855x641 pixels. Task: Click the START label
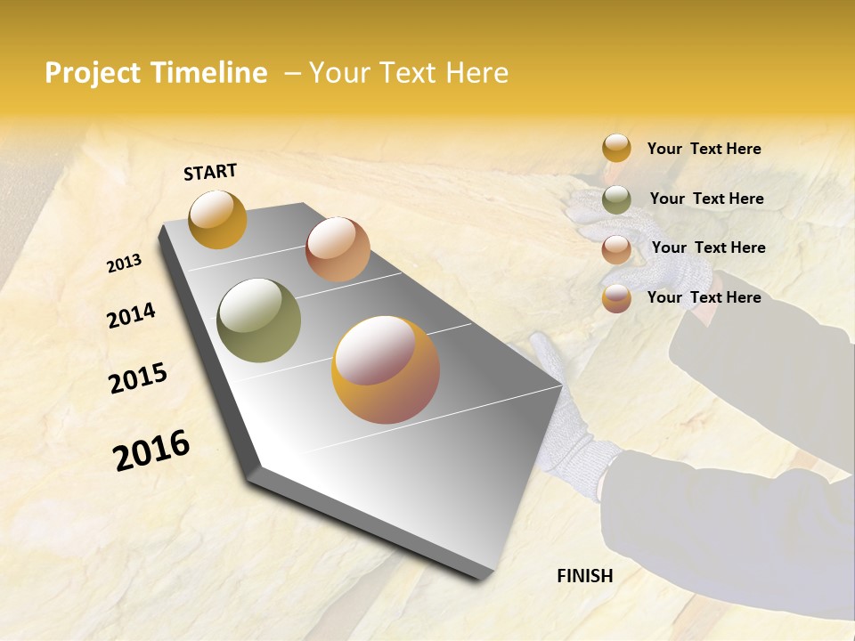[210, 172]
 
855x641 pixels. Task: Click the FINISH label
[584, 576]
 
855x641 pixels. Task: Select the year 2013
[124, 264]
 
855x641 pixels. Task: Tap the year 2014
[131, 316]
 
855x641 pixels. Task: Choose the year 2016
[151, 450]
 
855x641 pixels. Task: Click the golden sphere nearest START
[217, 219]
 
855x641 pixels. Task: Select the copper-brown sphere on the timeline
[338, 249]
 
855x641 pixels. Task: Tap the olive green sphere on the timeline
[258, 320]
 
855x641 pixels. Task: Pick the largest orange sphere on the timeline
[385, 369]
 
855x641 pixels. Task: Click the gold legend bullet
[616, 149]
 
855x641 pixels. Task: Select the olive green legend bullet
[616, 199]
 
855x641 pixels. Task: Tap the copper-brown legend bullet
[616, 248]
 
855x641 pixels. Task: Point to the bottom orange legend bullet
[616, 298]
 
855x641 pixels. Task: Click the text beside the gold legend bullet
[704, 149]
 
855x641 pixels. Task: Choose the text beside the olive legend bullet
[706, 199]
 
